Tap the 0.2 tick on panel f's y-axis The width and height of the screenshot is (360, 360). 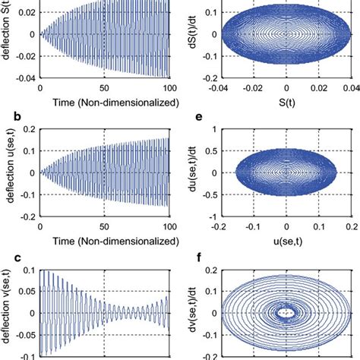[x=210, y=270]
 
